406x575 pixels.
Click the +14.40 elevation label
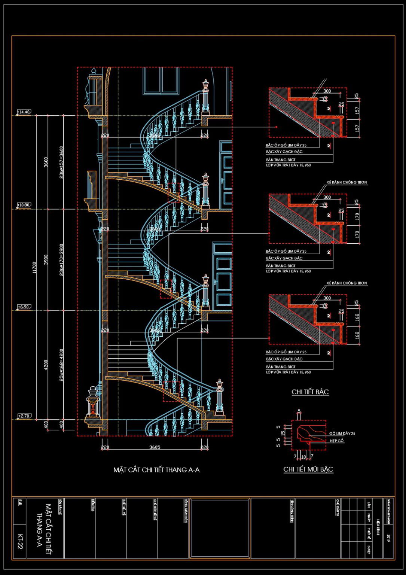24,112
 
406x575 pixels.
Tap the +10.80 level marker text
24,205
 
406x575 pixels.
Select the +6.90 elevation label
23,307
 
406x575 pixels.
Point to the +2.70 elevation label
24,416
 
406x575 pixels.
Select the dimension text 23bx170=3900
62,260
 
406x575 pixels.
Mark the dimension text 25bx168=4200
62,365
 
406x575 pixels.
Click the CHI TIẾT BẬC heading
310,392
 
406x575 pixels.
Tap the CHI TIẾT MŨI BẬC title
308,469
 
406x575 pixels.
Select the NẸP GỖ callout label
337,441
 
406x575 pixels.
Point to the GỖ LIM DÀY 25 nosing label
342,433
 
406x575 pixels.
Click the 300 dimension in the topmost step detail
327,91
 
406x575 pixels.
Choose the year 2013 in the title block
389,539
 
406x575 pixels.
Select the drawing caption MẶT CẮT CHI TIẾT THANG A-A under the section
156,470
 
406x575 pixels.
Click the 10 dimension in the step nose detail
303,457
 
